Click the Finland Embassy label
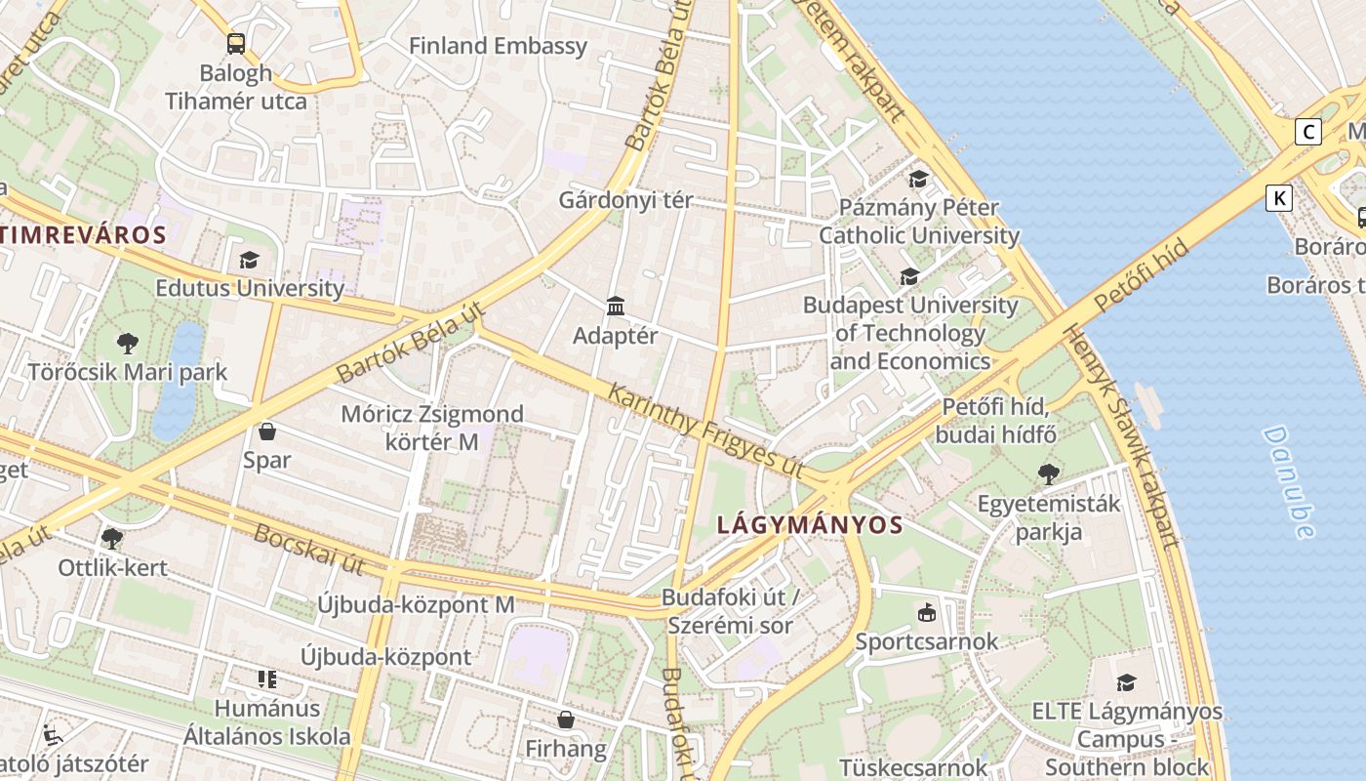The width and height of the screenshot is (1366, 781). (498, 46)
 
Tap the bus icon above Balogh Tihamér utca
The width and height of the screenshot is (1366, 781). (236, 44)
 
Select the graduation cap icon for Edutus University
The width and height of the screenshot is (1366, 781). (249, 260)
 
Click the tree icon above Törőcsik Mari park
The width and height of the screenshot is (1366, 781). (127, 344)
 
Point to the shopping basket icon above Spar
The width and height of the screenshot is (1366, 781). (267, 432)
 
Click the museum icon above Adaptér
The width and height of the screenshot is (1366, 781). (616, 307)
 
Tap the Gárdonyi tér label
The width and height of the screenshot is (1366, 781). (625, 200)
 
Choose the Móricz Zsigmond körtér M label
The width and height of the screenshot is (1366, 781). (431, 428)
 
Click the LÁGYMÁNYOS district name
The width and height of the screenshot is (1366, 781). (810, 525)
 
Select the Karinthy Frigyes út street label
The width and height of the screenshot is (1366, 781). (705, 431)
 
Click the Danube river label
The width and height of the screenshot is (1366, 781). (1289, 481)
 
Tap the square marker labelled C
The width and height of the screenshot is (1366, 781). (1307, 132)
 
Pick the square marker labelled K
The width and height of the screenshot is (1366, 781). (1278, 198)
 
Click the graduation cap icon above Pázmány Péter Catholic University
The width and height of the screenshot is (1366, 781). (918, 179)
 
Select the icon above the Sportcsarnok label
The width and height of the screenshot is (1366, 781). (926, 613)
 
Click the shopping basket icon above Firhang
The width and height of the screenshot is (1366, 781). (565, 720)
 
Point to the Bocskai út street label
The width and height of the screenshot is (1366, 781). (309, 549)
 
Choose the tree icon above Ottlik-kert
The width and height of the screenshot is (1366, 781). (112, 539)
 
